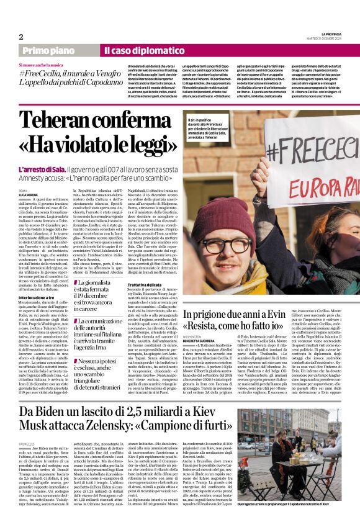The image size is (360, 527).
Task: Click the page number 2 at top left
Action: (21, 37)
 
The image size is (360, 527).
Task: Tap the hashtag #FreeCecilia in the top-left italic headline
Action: (40, 74)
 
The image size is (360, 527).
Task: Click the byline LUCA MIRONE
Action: (29, 194)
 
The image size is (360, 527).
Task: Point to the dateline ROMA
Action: (23, 190)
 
